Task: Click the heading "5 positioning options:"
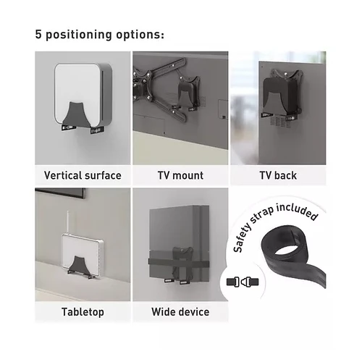point(100,35)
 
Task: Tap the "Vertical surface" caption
point(83,175)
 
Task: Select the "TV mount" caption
point(180,175)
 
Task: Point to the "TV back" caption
point(278,175)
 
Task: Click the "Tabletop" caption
point(83,312)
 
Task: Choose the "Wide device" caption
point(180,312)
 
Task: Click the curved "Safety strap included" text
point(273,224)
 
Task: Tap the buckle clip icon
point(243,282)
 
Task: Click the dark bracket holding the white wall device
point(75,114)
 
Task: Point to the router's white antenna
point(68,222)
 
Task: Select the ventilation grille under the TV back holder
point(280,122)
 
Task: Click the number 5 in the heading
point(38,34)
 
